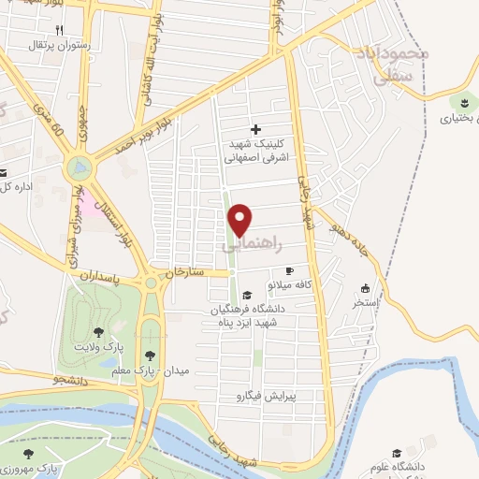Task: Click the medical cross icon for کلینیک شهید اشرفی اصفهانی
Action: point(256,129)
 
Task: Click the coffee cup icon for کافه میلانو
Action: point(288,270)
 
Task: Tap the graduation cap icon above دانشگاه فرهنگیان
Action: point(244,294)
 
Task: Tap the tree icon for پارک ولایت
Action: point(98,332)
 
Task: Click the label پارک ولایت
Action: point(100,348)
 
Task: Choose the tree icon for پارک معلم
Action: point(151,355)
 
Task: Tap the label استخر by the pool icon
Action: point(363,303)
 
